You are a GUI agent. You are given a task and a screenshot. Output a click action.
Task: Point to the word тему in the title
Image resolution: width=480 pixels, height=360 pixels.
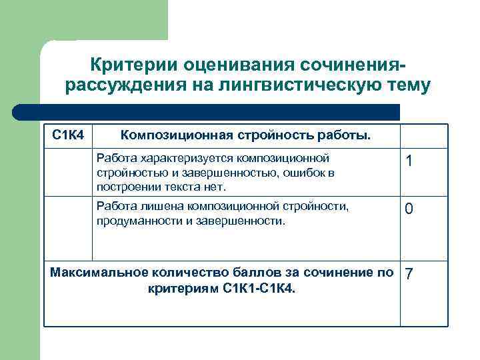pyautogui.click(x=408, y=86)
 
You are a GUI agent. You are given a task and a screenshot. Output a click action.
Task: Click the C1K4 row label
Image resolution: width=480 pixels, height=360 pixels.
pyautogui.click(x=68, y=135)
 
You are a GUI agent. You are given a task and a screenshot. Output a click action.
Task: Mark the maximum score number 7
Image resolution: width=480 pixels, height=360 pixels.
pyautogui.click(x=409, y=275)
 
